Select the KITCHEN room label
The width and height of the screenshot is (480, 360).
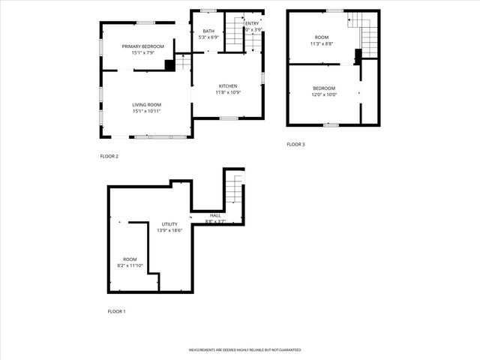228,85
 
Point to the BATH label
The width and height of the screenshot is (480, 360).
208,31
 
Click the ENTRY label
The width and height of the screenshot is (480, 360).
251,24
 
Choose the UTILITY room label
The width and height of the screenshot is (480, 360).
169,223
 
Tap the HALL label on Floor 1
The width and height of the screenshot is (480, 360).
215,215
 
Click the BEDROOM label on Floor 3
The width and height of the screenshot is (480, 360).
324,88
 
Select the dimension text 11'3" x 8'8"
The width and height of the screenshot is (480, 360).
322,43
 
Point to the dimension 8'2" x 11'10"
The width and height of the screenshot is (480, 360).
130,265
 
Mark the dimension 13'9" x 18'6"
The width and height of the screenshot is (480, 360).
169,230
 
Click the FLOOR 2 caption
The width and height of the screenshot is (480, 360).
109,156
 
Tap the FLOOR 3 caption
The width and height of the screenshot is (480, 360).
295,144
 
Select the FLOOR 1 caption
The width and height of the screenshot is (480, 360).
116,310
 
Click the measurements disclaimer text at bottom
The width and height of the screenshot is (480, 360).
244,350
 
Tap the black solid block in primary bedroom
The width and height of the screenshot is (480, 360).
169,65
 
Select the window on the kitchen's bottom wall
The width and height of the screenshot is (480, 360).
229,118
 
